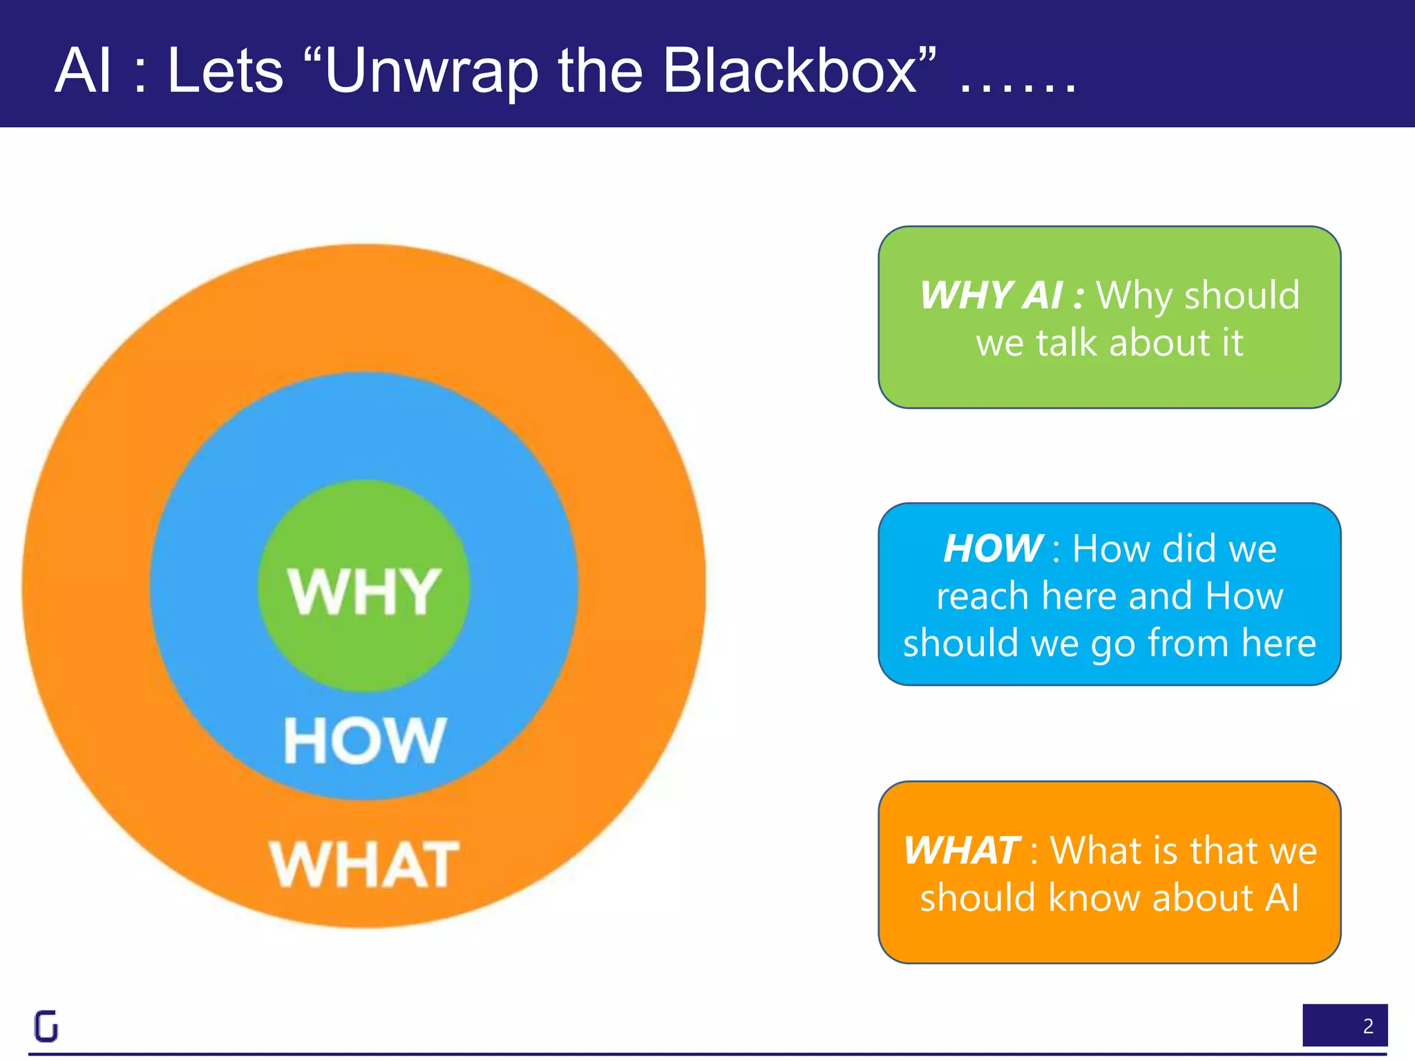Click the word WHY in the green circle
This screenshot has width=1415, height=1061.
click(x=364, y=591)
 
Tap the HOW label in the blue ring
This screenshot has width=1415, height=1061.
click(x=365, y=740)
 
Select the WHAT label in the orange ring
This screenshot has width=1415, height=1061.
click(x=364, y=865)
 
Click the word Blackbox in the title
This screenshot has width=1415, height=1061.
click(x=790, y=70)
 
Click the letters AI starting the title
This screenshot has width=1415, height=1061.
click(x=83, y=70)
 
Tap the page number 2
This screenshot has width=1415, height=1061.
click(x=1367, y=1026)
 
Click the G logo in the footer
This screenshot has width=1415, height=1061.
click(x=46, y=1026)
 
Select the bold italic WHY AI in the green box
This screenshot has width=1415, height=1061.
click(x=991, y=296)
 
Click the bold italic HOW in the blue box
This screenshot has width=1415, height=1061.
click(x=993, y=548)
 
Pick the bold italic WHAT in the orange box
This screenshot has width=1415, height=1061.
click(x=961, y=850)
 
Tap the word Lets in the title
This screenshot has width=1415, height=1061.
click(x=225, y=70)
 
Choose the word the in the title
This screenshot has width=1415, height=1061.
click(x=600, y=70)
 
